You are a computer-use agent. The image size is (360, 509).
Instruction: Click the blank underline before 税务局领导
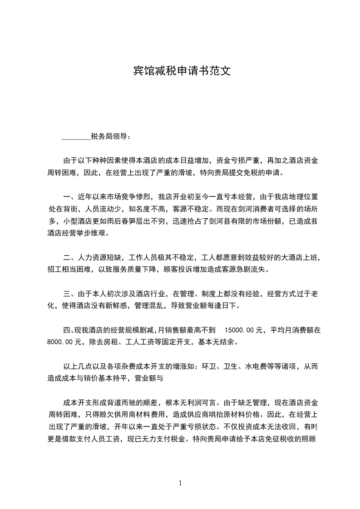[76, 136]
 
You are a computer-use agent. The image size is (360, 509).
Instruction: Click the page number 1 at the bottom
[180, 483]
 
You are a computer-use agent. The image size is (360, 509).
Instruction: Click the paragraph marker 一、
[69, 197]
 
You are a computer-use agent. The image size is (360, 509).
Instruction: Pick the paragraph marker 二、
[69, 258]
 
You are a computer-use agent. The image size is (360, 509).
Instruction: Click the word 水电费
[256, 366]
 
